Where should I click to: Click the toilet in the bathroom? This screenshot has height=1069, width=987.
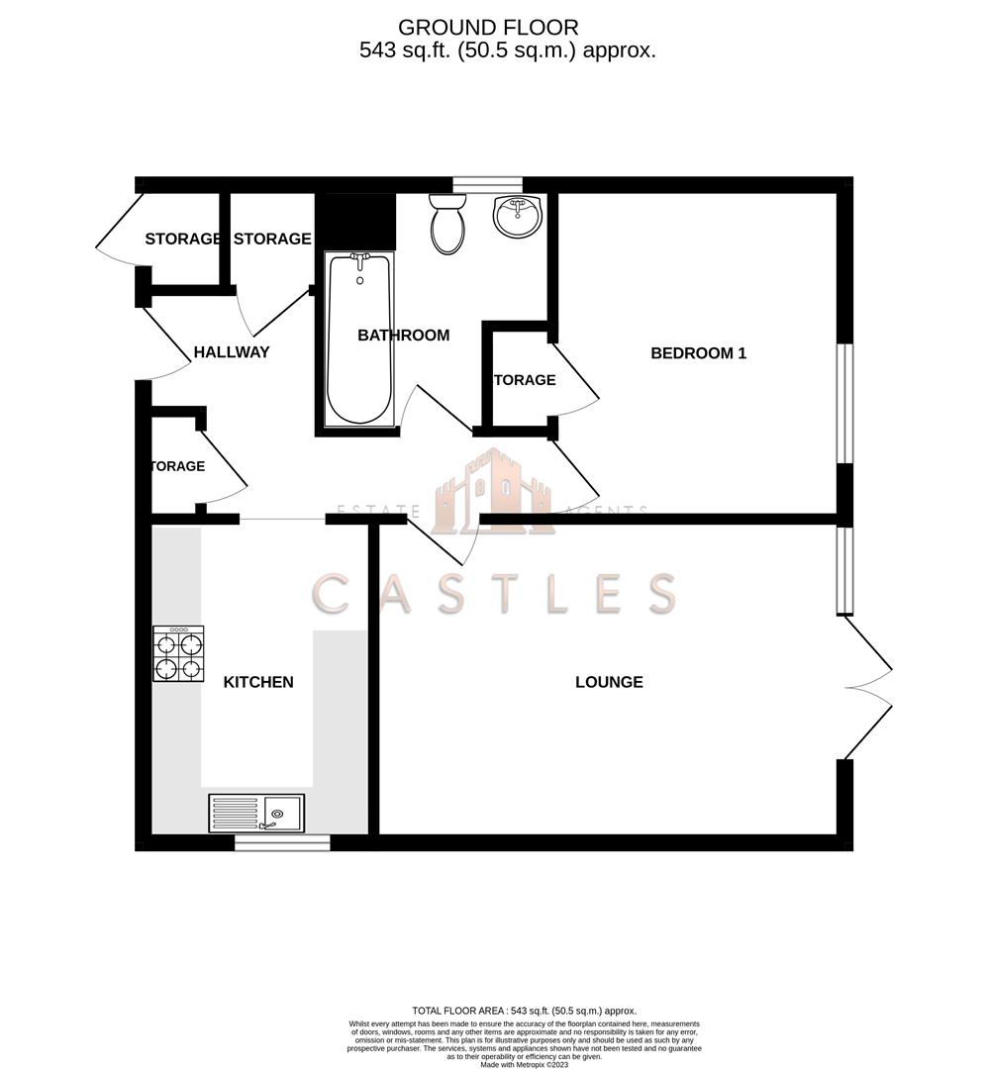[448, 223]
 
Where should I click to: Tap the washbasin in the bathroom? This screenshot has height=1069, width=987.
[517, 216]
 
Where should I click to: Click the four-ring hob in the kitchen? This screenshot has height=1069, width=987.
[178, 653]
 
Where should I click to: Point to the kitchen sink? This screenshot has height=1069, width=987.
[256, 814]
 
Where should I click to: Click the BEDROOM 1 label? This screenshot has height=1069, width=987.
[698, 352]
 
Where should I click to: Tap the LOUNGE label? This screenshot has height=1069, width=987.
[609, 682]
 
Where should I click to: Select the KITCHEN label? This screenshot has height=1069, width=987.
[258, 682]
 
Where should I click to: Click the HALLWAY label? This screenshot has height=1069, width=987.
[232, 352]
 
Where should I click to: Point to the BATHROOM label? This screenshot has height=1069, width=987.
[403, 336]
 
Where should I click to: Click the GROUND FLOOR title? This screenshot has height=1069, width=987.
[488, 28]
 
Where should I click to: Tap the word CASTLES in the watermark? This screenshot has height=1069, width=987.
[494, 593]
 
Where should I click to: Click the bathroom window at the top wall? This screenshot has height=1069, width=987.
[487, 183]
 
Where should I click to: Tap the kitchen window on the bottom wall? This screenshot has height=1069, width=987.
[282, 842]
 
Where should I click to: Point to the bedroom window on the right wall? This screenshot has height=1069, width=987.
[843, 403]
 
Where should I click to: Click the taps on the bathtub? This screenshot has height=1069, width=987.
[360, 259]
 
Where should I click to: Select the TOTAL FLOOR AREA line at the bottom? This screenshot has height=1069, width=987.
[524, 1010]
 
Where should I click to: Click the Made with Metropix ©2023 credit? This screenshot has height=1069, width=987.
[525, 1064]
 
